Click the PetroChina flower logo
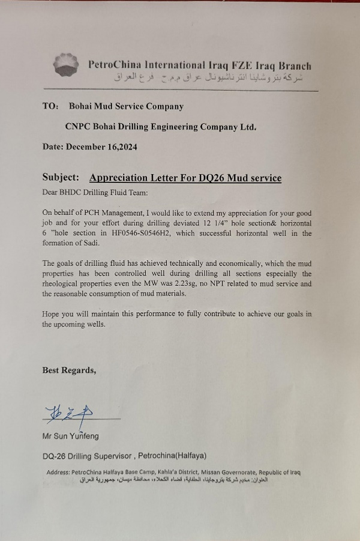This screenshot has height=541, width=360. point(65,64)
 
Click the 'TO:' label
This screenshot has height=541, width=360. point(50,106)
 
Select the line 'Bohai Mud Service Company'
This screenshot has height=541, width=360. point(126,106)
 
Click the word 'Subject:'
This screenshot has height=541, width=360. point(61,178)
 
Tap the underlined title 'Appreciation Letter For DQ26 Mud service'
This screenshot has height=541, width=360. point(185,178)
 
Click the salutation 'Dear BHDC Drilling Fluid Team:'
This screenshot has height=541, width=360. point(94,193)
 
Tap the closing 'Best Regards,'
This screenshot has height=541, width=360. point(69,370)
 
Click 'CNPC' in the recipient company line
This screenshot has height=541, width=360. point(77,127)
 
